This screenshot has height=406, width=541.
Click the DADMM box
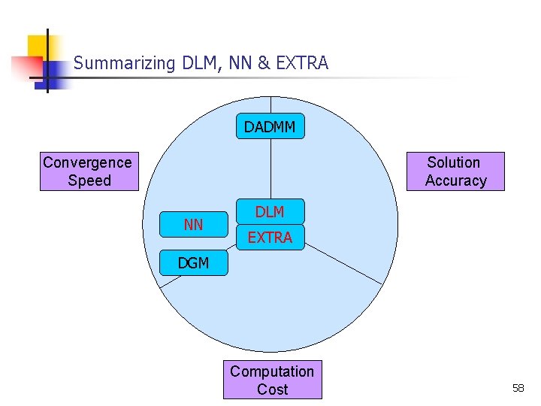270,127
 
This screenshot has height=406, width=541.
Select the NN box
194,224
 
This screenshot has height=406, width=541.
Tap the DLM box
270,212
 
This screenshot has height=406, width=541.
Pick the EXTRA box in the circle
270,238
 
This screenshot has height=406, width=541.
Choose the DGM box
193,263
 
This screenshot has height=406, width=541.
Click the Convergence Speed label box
88,171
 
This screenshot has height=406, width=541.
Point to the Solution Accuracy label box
455,171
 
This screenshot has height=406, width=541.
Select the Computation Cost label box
272,380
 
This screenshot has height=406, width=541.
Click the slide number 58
518,388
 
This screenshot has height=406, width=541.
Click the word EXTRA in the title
302,63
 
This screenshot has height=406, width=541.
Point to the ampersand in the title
264,63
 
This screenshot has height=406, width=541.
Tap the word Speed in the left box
89,180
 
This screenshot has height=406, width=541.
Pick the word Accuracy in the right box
455,180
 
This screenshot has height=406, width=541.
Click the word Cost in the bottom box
272,389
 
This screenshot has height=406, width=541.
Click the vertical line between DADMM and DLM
270,169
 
